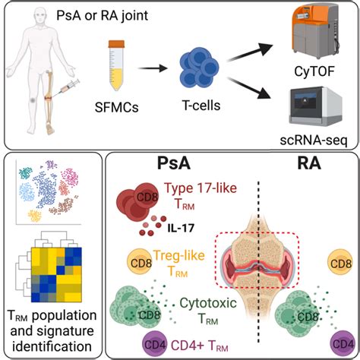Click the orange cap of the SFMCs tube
[116, 44]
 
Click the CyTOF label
[314, 71]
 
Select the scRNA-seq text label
[314, 140]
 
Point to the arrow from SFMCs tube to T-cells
[153, 68]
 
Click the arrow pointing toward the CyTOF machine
[250, 52]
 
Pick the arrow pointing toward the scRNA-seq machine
[251, 89]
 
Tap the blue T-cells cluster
[199, 68]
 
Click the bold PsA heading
[174, 163]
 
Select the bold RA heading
[309, 163]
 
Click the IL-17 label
[181, 228]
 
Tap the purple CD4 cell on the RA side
[343, 344]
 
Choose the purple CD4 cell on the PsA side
[155, 344]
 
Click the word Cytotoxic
[208, 303]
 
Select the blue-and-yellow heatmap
[56, 275]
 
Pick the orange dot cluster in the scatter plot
[35, 216]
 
